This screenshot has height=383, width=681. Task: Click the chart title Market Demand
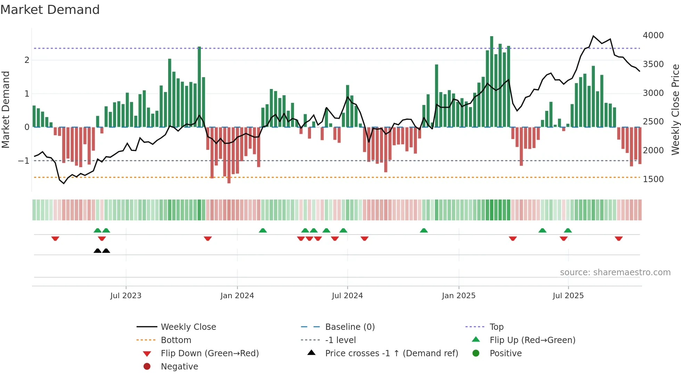(x=50, y=10)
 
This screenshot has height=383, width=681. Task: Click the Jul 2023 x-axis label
(x=126, y=296)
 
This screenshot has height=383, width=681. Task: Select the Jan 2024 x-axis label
(x=237, y=296)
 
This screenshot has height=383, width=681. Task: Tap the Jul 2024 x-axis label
(x=347, y=296)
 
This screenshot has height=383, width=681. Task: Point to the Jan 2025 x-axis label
(x=459, y=296)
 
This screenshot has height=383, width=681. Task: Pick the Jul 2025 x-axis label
(x=568, y=296)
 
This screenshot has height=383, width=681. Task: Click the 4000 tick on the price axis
(x=653, y=35)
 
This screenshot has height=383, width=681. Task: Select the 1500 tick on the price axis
(x=653, y=179)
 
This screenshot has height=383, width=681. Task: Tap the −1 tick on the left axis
(x=24, y=161)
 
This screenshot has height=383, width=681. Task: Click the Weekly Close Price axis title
(x=675, y=109)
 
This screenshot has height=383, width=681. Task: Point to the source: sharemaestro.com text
(x=615, y=272)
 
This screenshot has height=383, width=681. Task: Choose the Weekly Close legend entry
(x=188, y=327)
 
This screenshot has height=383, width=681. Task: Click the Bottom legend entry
(x=176, y=340)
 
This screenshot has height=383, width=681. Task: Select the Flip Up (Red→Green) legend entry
(x=532, y=340)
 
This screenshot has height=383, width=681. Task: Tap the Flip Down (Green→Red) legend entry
(x=210, y=353)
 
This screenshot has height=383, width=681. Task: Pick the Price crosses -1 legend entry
(x=391, y=353)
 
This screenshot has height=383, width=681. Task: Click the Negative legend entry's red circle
(x=147, y=367)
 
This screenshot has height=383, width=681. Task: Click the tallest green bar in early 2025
(x=492, y=82)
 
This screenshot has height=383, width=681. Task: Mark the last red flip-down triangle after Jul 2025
(x=618, y=238)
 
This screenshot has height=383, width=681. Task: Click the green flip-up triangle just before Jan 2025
(x=424, y=230)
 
